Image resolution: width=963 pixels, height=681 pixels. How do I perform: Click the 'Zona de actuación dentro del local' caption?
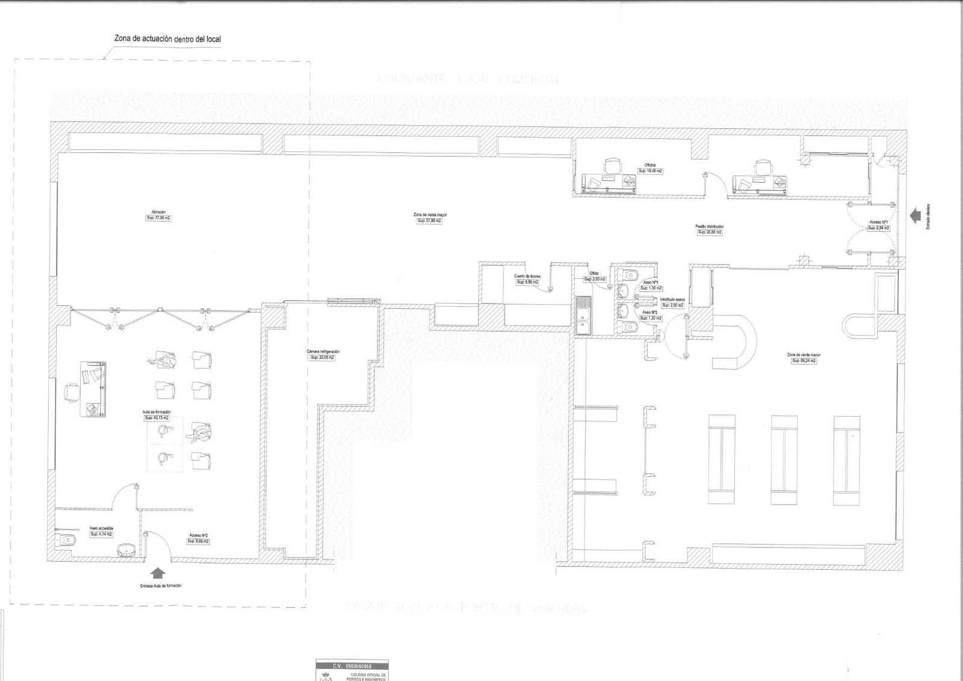167,39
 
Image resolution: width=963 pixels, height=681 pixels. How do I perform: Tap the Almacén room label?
158,212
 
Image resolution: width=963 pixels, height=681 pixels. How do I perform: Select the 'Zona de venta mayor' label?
430,215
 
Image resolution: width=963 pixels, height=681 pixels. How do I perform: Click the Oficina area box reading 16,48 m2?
650,171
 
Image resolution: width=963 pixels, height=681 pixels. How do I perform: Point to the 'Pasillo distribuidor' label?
710,226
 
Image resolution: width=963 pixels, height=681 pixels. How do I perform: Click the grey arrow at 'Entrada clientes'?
915,216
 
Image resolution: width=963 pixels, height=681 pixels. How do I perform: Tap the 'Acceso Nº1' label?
878,222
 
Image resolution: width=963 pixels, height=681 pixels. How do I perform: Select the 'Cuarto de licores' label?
527,276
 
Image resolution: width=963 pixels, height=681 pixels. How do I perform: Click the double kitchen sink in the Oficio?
583,316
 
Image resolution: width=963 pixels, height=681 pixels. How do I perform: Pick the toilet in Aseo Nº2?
630,326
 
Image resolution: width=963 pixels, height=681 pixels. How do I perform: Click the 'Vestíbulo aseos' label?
672,299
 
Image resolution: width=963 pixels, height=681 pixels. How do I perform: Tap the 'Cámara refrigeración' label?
323,351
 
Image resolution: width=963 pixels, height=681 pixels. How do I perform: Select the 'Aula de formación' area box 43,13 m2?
156,418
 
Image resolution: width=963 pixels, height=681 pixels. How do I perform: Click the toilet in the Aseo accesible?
68,540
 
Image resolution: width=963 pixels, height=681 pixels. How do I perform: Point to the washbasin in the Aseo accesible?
126,549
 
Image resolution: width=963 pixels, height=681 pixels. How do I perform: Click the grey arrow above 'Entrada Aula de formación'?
158,573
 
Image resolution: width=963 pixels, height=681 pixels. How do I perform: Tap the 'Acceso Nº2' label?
198,535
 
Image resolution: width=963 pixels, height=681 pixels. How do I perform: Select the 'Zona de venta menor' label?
804,355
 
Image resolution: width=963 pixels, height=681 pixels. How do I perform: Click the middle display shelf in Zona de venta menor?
784,459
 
